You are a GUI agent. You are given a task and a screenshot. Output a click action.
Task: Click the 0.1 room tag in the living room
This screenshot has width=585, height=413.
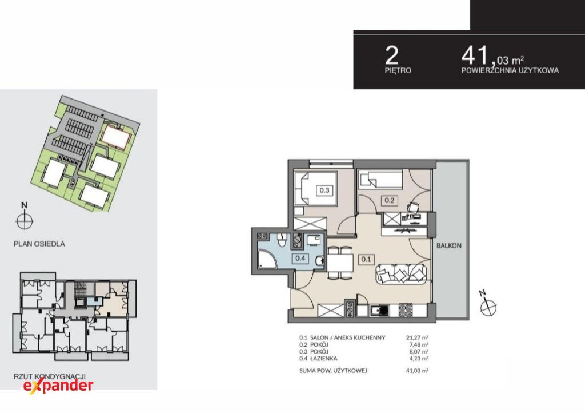tap(366, 259)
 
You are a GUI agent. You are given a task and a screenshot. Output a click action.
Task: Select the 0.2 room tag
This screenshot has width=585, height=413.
tap(389, 200)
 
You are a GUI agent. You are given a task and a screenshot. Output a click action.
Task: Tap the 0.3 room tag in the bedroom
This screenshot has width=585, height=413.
tap(324, 190)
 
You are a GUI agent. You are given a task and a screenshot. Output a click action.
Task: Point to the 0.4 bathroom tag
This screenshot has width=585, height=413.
tap(300, 257)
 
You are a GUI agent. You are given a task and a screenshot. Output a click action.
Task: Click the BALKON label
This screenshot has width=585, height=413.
tap(449, 246)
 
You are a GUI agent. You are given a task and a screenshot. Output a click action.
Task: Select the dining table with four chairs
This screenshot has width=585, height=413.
tap(340, 263)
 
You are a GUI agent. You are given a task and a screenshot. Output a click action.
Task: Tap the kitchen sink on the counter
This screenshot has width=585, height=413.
tap(379, 310)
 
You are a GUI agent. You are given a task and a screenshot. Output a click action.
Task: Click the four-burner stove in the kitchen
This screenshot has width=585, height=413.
tap(406, 310)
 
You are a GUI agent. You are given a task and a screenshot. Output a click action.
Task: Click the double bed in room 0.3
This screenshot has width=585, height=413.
tap(315, 188)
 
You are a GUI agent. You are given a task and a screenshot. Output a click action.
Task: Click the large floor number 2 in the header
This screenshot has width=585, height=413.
tap(392, 55)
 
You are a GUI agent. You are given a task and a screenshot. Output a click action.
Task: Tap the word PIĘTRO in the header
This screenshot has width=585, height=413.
tap(398, 70)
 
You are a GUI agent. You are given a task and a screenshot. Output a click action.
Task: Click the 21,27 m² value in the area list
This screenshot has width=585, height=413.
tap(417, 337)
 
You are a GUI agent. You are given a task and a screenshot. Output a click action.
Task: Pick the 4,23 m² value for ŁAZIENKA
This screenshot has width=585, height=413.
tap(419, 358)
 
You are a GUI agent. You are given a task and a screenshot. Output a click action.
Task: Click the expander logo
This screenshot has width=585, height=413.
tap(58, 386)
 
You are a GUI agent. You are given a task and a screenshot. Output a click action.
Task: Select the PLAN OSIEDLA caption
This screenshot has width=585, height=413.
tap(39, 244)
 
